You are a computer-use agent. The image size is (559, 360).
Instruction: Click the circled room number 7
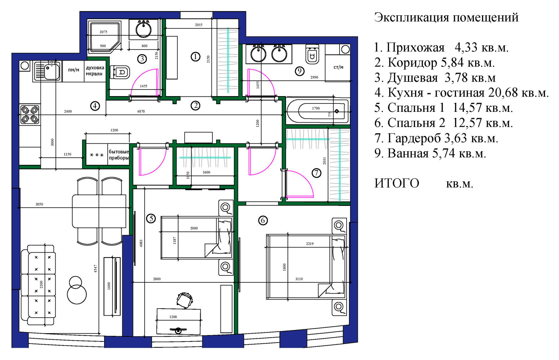point(316,173)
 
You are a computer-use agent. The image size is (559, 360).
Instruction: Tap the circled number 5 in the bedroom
point(151,219)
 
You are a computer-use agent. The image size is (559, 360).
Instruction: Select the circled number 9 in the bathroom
point(299,71)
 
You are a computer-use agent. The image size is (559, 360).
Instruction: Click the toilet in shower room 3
point(120,72)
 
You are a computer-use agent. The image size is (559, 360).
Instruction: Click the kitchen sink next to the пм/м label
point(48,71)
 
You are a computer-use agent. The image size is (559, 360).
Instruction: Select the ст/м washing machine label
point(338,67)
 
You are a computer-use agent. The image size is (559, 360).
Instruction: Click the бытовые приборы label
point(119,155)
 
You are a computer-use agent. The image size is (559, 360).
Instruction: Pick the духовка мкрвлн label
point(95,71)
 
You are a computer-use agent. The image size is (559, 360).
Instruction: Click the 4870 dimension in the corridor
point(141,111)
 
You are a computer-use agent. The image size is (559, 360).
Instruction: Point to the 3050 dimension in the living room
point(39,204)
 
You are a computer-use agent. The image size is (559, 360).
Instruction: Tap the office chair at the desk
point(184,300)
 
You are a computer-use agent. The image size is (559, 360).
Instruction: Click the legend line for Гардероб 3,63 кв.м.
point(436,138)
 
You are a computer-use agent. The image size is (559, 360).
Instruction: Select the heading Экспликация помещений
point(446,17)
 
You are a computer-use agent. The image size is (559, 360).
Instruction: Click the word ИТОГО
point(397,183)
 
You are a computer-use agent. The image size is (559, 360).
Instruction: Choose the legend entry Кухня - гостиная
point(461,93)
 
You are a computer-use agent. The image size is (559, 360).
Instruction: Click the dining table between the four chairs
point(99,211)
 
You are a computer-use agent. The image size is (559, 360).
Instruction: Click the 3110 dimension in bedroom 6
point(299,279)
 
